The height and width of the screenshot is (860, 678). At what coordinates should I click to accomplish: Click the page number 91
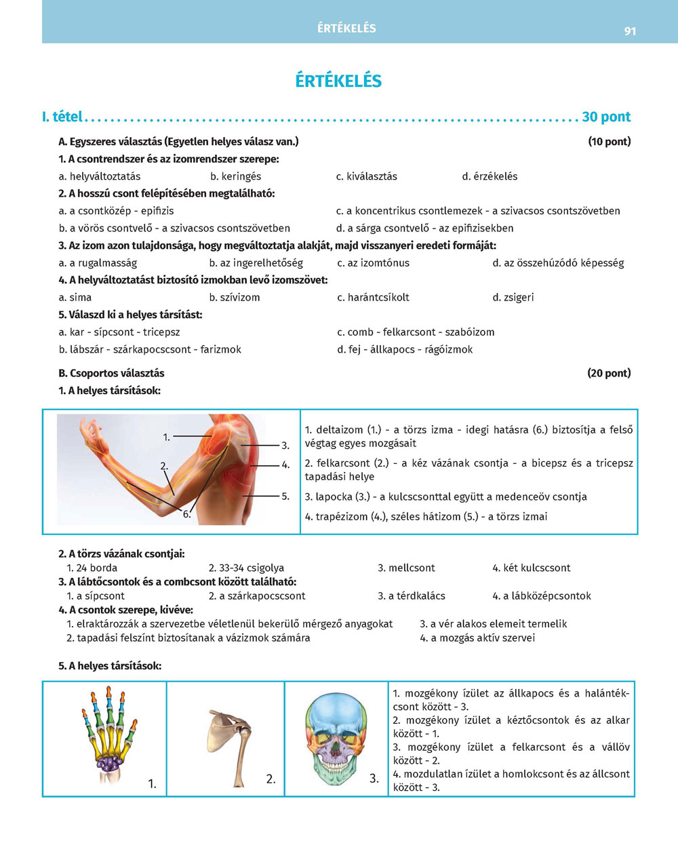(630, 31)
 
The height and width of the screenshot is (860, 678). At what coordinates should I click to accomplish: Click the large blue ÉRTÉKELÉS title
(338, 81)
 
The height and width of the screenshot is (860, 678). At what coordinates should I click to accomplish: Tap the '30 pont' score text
(606, 117)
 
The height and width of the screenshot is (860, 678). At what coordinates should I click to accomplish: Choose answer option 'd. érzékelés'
(490, 176)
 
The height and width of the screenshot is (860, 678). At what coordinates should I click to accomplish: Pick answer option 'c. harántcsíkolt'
(373, 297)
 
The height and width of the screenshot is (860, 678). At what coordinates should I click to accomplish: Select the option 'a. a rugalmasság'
(98, 262)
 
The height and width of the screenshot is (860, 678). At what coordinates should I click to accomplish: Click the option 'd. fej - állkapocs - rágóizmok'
(405, 349)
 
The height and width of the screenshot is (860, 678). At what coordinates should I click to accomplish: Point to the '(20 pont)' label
(609, 373)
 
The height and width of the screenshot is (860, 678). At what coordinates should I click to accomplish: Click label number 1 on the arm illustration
(167, 437)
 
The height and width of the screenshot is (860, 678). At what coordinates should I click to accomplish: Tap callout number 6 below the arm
(186, 514)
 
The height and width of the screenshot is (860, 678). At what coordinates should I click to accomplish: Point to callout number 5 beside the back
(285, 496)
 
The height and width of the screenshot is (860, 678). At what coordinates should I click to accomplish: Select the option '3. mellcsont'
(406, 568)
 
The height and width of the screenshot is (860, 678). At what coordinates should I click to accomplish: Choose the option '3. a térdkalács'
(412, 595)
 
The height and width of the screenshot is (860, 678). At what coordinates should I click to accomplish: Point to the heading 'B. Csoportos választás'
(111, 373)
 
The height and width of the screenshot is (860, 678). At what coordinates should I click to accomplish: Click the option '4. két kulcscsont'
(531, 568)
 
